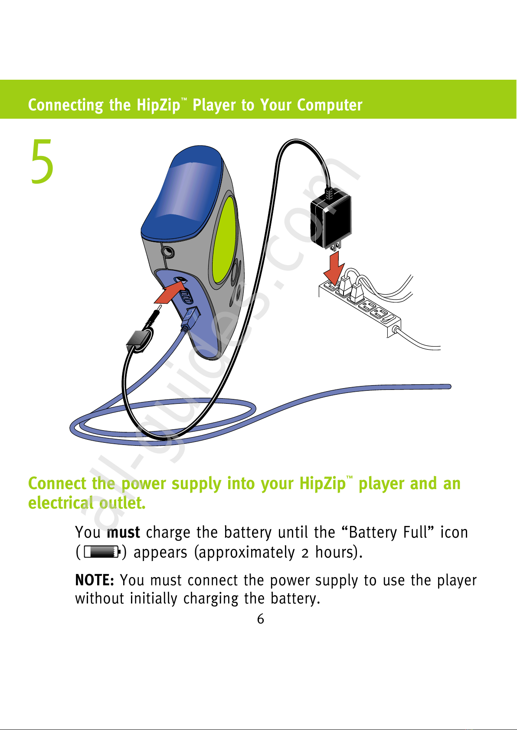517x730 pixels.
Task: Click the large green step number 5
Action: (43, 161)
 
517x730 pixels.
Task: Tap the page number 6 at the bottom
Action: (260, 619)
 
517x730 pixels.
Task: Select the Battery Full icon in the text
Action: (102, 552)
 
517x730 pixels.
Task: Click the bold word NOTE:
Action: (94, 580)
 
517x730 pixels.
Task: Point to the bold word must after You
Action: (123, 532)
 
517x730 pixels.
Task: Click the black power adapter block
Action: (331, 221)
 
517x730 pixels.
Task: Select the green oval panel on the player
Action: (224, 240)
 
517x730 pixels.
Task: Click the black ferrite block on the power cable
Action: (139, 341)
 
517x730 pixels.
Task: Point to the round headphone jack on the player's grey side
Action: (168, 252)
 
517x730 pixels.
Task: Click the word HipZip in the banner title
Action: (158, 105)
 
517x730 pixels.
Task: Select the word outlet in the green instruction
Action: (122, 503)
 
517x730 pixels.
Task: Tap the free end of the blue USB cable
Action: (449, 386)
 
